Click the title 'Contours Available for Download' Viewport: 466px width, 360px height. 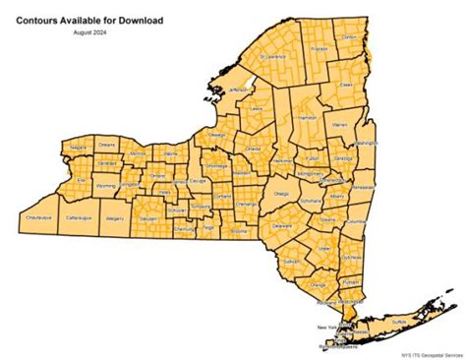pyautogui.click(x=89, y=19)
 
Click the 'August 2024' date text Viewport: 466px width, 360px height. pyautogui.click(x=88, y=33)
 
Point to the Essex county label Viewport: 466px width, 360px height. pyautogui.click(x=345, y=85)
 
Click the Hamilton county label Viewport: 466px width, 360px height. pyautogui.click(x=307, y=117)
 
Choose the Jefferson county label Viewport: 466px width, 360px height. pyautogui.click(x=239, y=90)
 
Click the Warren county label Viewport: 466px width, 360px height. pyautogui.click(x=339, y=126)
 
